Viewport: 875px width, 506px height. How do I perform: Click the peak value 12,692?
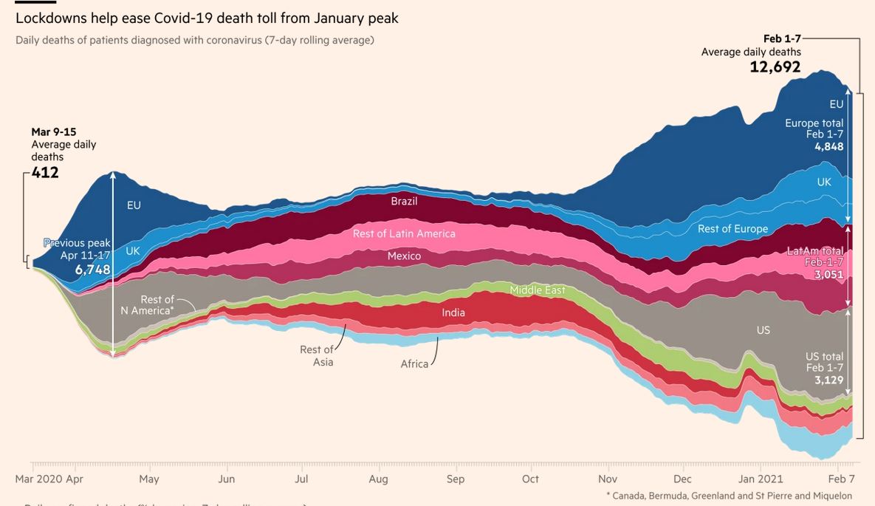coord(775,67)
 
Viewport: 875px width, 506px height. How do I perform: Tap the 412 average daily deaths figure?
coord(45,173)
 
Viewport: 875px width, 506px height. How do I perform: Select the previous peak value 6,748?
coord(92,270)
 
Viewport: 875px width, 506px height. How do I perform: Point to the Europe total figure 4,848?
coord(828,146)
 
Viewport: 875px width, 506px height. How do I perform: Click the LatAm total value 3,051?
coord(828,275)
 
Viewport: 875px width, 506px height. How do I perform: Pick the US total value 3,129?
coord(828,380)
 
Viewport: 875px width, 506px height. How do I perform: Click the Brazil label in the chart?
coord(404,201)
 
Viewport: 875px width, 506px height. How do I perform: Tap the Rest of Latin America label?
coord(404,233)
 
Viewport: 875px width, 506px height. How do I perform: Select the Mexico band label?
coord(404,256)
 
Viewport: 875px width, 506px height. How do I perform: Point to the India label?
coord(453,312)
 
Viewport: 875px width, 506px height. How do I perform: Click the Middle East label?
coord(538,290)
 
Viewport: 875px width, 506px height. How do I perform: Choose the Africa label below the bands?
coord(414,364)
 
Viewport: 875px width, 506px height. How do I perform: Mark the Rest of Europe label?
coord(732,229)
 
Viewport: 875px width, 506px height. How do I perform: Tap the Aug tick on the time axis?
coord(378,479)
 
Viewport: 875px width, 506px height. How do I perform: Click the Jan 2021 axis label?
coord(761,479)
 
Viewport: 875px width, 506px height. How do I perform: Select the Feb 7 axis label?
coord(841,479)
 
